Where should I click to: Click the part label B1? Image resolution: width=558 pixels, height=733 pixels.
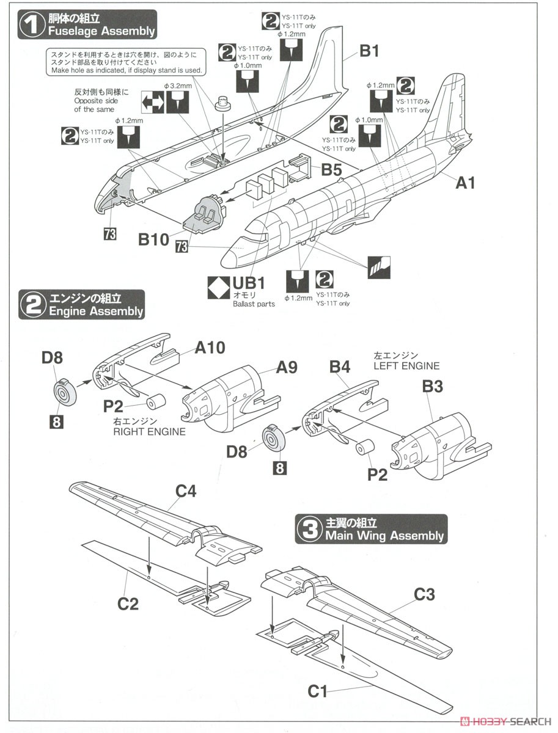click(x=369, y=51)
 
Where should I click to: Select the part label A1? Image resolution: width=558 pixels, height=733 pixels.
click(x=464, y=182)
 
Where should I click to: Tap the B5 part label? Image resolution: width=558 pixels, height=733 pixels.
click(x=332, y=170)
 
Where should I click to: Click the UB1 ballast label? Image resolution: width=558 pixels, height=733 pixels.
click(x=248, y=283)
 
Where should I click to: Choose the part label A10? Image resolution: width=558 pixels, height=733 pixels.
click(x=210, y=348)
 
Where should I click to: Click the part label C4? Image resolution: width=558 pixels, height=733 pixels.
click(x=186, y=490)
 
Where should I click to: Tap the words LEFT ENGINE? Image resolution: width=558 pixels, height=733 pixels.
click(x=406, y=366)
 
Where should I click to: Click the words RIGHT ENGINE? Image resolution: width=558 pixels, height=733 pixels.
click(x=149, y=431)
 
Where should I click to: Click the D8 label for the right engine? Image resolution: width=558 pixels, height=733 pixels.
click(x=53, y=359)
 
